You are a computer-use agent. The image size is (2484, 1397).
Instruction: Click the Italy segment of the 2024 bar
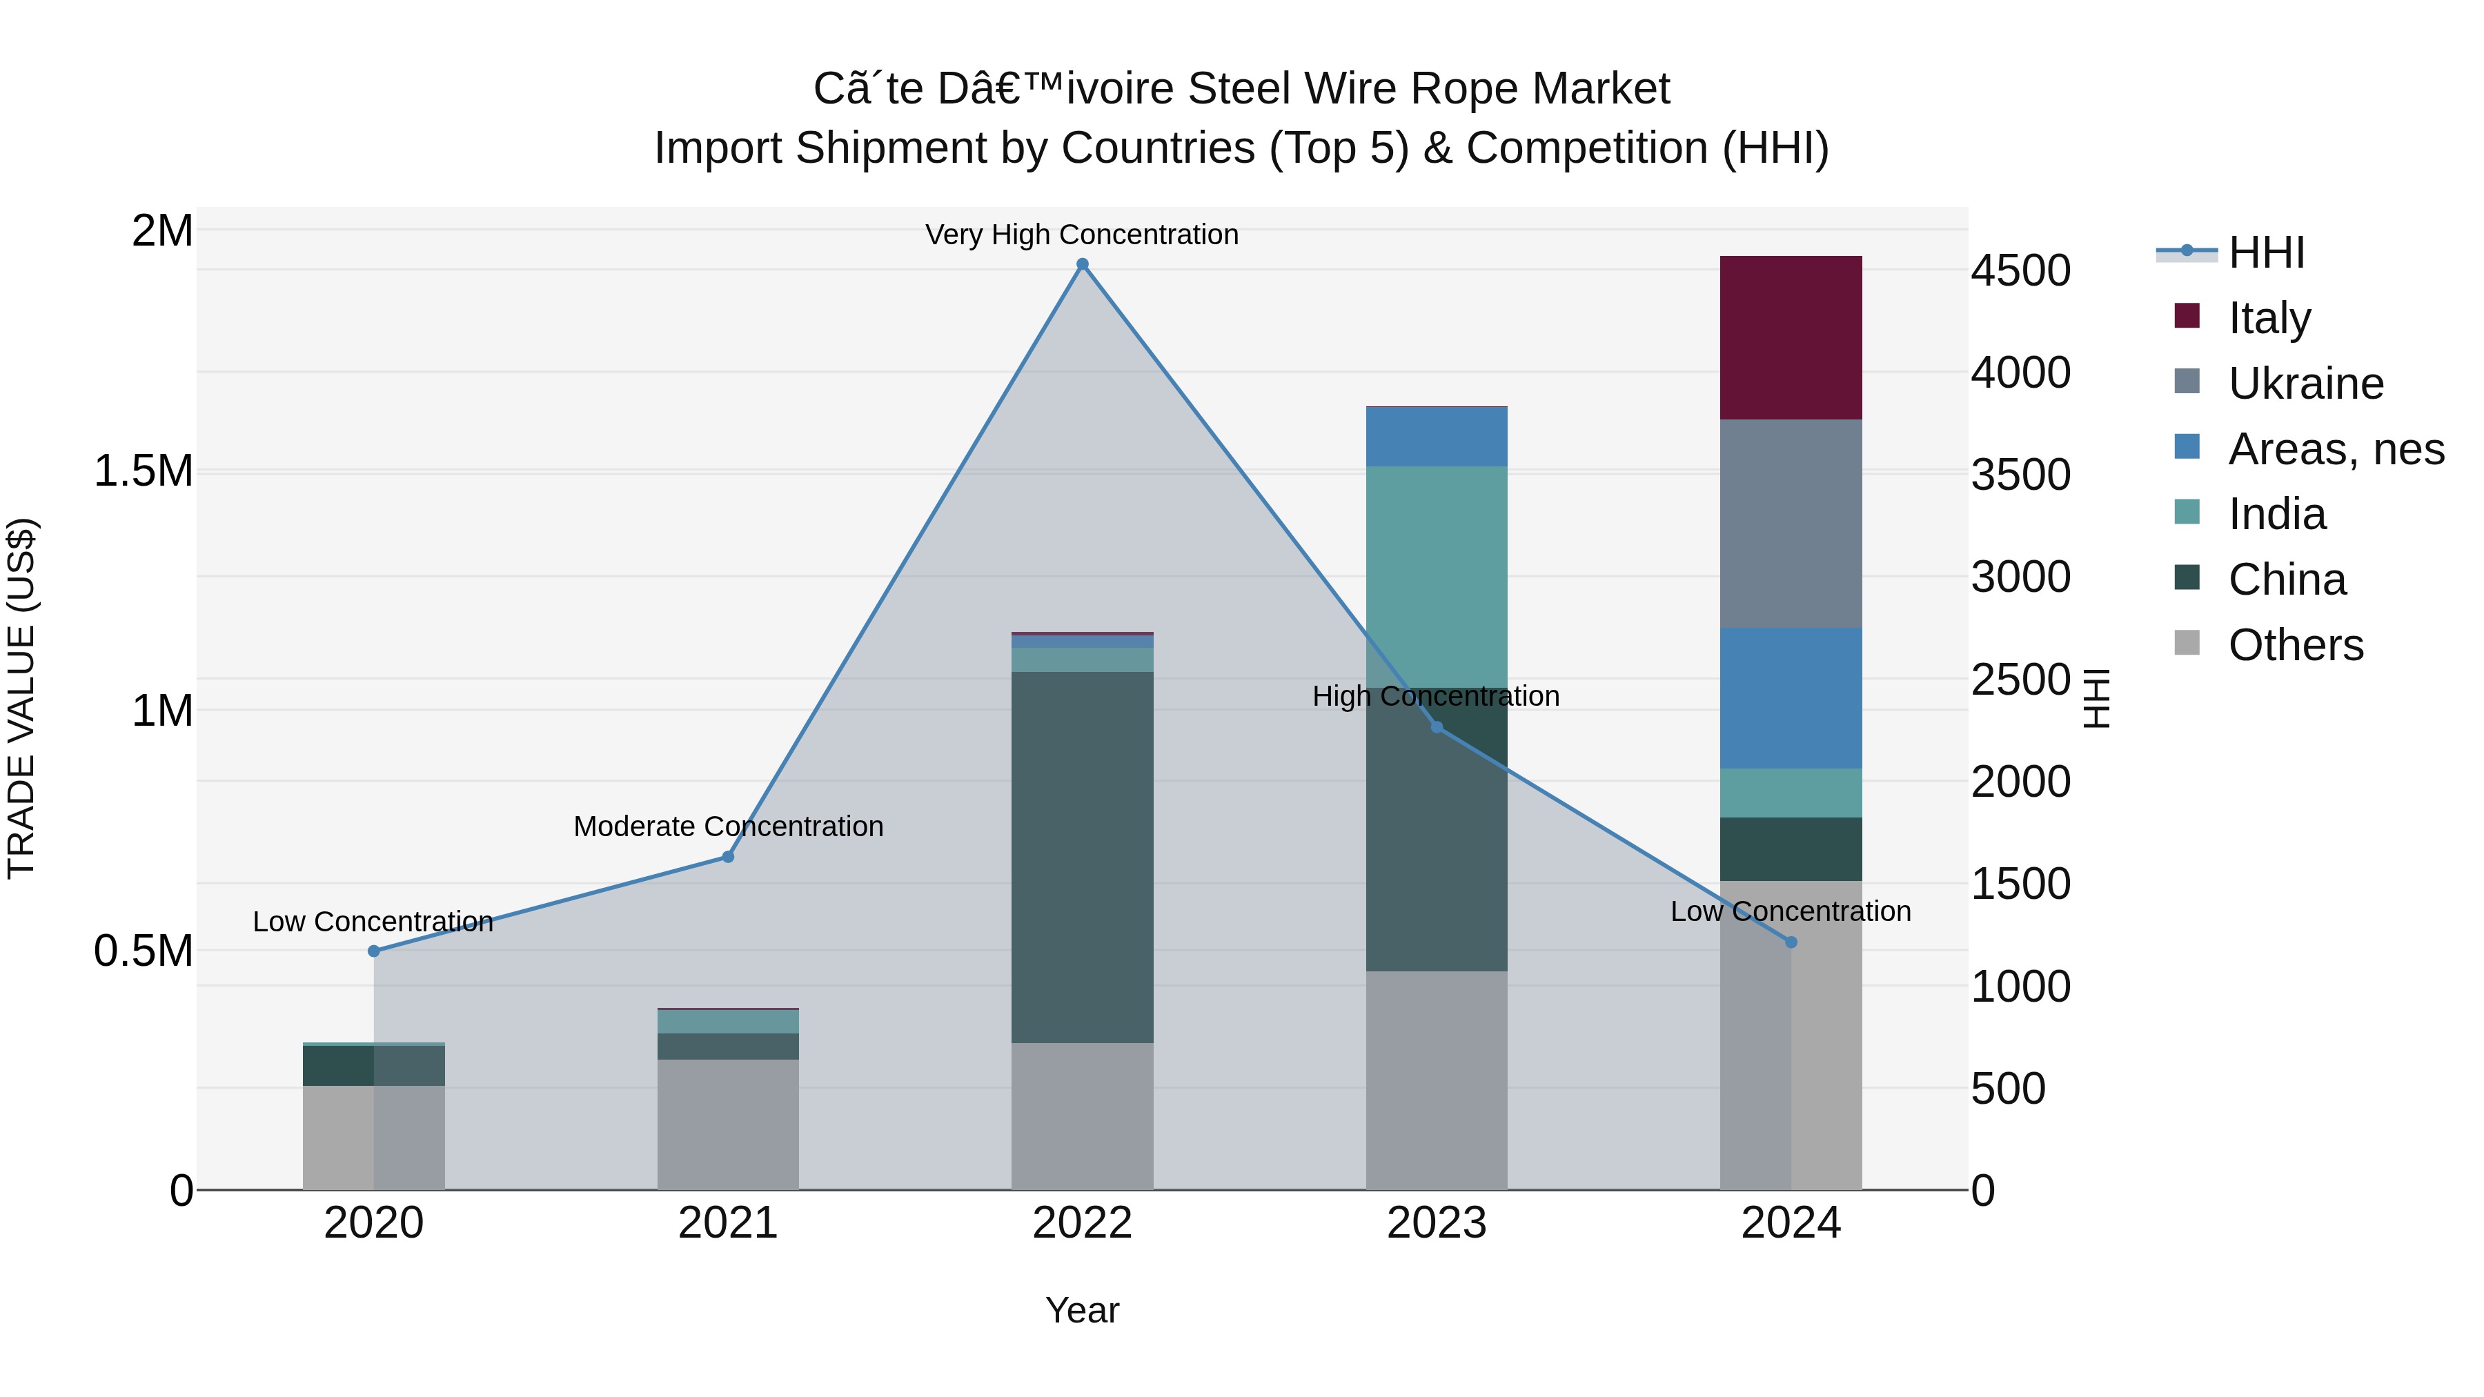pos(1791,337)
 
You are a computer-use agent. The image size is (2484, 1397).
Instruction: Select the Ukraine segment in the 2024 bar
pos(1791,524)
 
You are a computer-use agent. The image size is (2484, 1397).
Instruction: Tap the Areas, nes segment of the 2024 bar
pos(1791,698)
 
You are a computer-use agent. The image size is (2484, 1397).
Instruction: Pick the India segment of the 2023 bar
pos(1437,577)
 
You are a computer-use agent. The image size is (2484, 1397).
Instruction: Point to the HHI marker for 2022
pos(1082,264)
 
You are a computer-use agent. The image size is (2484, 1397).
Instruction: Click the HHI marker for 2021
pos(728,856)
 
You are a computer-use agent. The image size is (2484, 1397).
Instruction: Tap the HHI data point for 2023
pos(1437,727)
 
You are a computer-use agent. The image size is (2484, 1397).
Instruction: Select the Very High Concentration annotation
pos(1082,235)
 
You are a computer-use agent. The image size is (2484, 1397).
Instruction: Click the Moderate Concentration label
pos(728,826)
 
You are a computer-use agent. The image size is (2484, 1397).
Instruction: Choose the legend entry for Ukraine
pos(2305,384)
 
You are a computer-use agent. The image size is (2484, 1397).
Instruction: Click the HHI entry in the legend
pos(2266,252)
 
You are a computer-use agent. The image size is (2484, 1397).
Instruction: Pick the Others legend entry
pos(2295,645)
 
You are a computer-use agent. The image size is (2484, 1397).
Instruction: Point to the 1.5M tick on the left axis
pos(143,471)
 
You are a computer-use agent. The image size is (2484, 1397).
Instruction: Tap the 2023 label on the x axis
pos(1437,1223)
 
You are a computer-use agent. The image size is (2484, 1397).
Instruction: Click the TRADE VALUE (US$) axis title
pos(21,698)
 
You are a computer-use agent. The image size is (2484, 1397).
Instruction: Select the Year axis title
pos(1082,1310)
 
